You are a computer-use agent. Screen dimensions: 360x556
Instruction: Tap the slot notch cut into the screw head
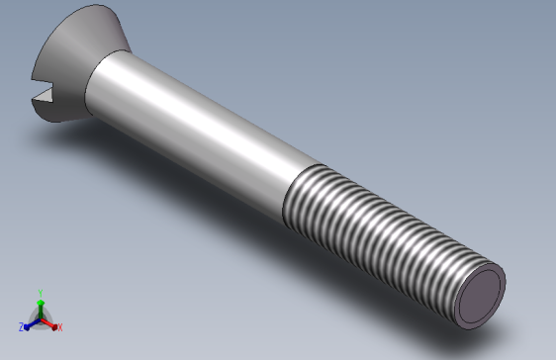[x=41, y=96]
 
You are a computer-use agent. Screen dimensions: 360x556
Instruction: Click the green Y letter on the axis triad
[x=40, y=293]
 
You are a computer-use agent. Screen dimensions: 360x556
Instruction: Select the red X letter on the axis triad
[x=59, y=326]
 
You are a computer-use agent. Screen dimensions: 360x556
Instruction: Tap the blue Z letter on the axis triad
[x=21, y=326]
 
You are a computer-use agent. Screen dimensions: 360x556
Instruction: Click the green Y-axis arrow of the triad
[x=40, y=306]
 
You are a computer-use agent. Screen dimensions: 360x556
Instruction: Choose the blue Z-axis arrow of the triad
[x=31, y=322]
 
